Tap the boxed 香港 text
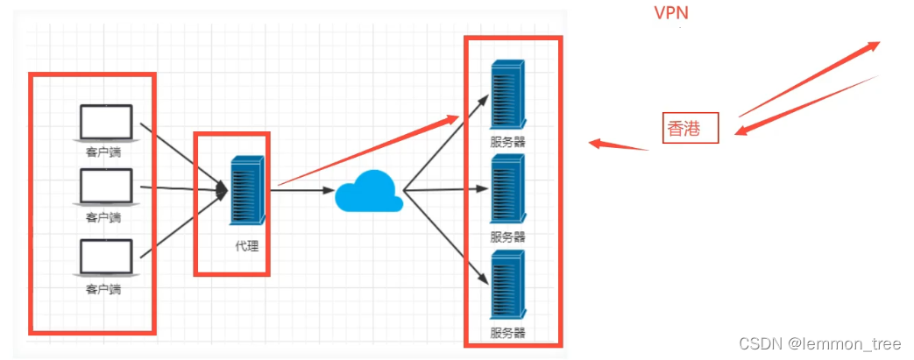click(690, 129)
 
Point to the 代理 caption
click(246, 246)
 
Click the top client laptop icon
click(106, 123)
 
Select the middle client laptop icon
click(106, 187)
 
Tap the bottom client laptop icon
click(106, 258)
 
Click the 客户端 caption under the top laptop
click(103, 152)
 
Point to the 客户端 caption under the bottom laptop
click(103, 288)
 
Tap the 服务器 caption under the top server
click(508, 141)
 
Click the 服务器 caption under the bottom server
click(508, 333)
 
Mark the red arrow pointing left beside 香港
click(618, 145)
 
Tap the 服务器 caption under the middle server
click(508, 236)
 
